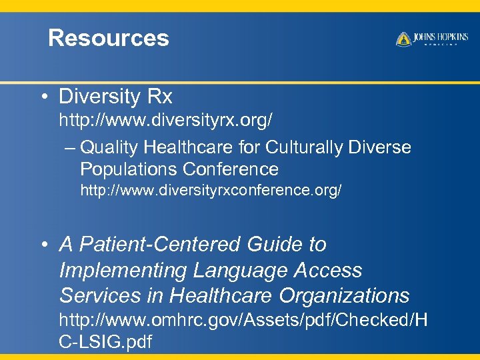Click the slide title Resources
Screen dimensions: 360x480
[x=109, y=38]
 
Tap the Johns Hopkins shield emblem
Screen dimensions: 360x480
[x=403, y=39]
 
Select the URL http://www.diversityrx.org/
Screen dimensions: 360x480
[x=165, y=121]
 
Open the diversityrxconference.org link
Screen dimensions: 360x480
[x=211, y=191]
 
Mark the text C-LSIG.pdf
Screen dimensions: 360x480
[x=105, y=343]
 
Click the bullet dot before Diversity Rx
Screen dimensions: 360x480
[x=43, y=98]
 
